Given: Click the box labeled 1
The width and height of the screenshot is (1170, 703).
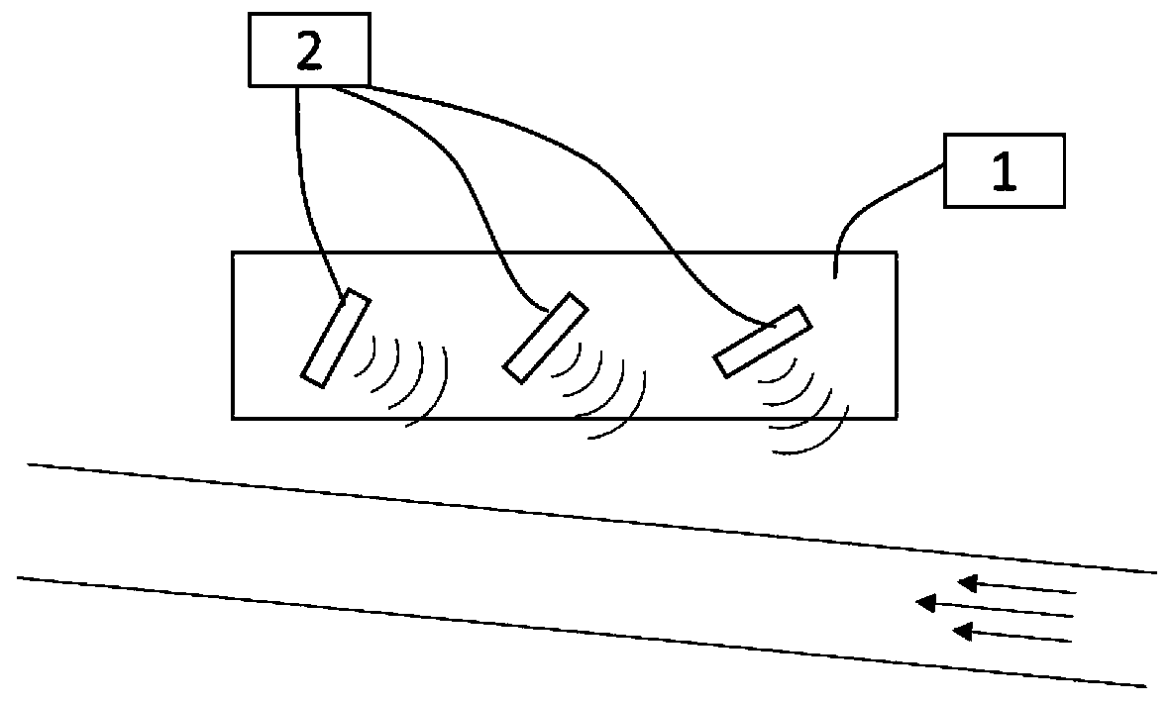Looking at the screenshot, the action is click(x=1004, y=170).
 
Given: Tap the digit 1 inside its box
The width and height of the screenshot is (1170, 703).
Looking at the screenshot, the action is click(x=1004, y=171).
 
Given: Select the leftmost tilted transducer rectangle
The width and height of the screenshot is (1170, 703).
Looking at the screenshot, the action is click(x=335, y=339).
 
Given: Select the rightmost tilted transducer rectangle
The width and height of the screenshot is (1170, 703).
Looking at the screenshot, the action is click(x=762, y=342).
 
